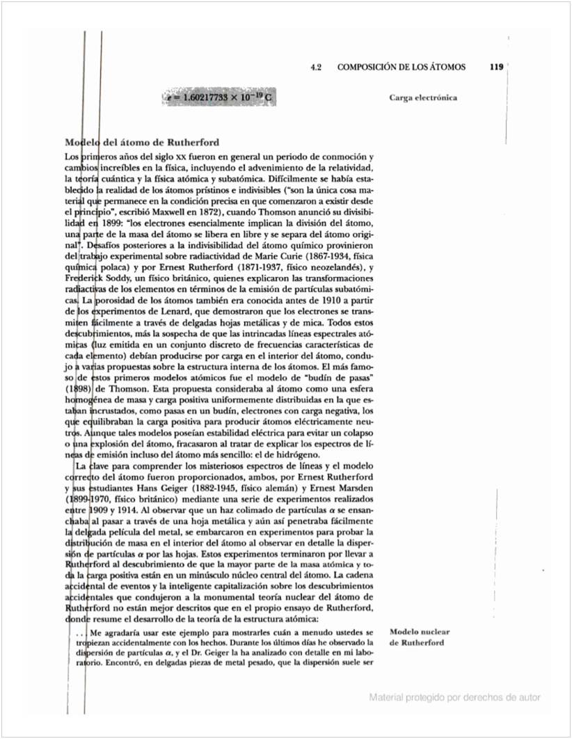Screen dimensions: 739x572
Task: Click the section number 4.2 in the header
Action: click(317, 67)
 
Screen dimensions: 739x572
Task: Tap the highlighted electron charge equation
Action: click(219, 97)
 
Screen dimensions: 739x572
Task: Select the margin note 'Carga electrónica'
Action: click(423, 97)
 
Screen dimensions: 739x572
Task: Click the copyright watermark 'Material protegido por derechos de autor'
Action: click(455, 697)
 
